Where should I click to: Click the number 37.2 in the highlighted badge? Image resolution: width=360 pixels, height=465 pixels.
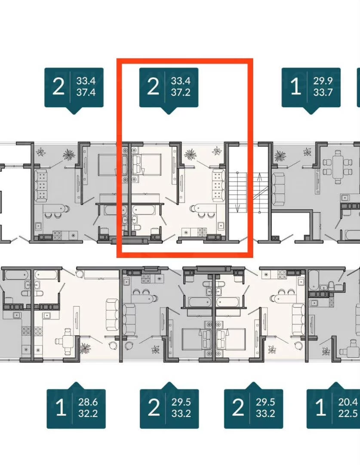[x=181, y=92]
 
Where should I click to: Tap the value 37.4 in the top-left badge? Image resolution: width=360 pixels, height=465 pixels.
[x=86, y=92]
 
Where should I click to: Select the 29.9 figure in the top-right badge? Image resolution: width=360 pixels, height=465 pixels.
[x=323, y=81]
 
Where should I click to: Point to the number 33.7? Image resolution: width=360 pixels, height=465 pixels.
[x=323, y=92]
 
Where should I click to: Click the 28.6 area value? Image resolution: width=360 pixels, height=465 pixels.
[x=88, y=402]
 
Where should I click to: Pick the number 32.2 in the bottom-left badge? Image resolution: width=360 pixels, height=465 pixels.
[x=88, y=413]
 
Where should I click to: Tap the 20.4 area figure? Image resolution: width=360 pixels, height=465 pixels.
[x=348, y=402]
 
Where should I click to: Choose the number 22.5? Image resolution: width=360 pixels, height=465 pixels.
[x=348, y=413]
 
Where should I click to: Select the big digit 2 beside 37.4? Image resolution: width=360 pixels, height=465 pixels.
[x=58, y=87]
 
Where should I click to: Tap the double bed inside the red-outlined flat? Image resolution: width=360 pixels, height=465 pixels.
[x=147, y=164]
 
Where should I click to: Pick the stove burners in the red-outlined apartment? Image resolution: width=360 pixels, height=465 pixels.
[x=202, y=232]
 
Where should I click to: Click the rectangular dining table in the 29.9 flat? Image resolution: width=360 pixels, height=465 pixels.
[x=338, y=166]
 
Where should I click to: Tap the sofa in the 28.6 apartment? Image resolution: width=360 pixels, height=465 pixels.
[x=112, y=315]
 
